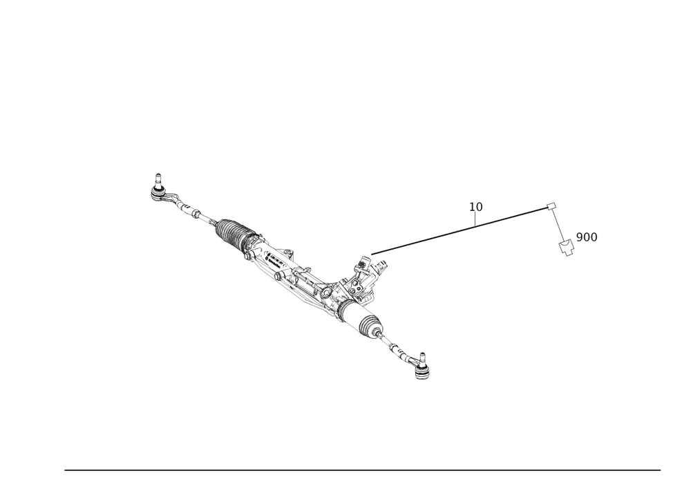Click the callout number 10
pyautogui.click(x=476, y=206)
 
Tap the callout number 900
pyautogui.click(x=587, y=237)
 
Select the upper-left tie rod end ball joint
pyautogui.click(x=158, y=189)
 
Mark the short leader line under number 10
pyautogui.click(x=475, y=217)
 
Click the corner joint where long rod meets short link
pyautogui.click(x=551, y=205)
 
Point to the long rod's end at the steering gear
pyautogui.click(x=371, y=254)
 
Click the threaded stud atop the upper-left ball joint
pyautogui.click(x=158, y=176)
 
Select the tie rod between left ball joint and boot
pyautogui.click(x=190, y=208)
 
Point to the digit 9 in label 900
pyautogui.click(x=579, y=237)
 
